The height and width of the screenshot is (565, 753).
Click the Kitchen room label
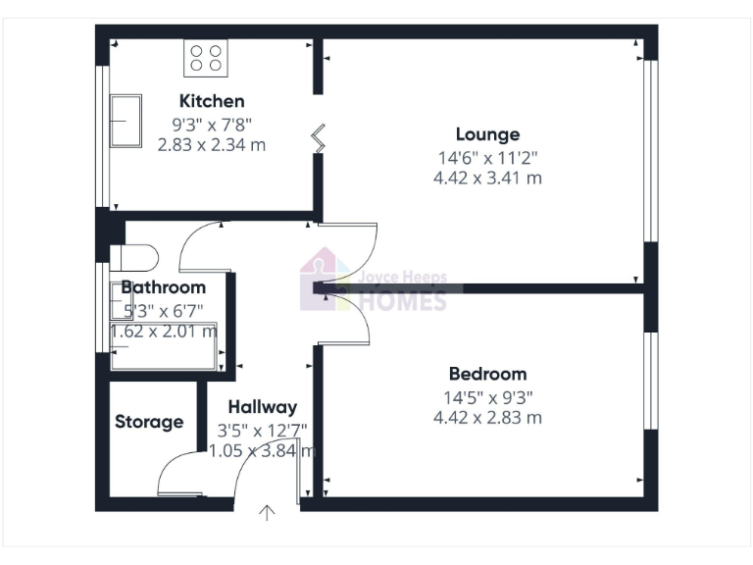tap(212, 101)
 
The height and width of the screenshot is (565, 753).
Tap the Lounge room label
tap(487, 134)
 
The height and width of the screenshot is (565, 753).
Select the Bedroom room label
tap(487, 374)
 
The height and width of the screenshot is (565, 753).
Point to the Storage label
tap(149, 422)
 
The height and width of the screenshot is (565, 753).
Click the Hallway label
tap(262, 407)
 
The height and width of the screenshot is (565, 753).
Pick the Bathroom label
tap(164, 287)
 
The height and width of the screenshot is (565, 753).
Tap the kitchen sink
tap(125, 120)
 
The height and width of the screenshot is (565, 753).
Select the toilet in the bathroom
tap(134, 258)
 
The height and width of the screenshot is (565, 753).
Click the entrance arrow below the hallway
tap(267, 511)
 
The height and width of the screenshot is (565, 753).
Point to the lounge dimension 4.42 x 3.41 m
tap(487, 179)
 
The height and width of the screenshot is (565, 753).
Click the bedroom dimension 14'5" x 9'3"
tap(487, 398)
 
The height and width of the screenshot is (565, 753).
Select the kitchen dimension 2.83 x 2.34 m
tap(212, 145)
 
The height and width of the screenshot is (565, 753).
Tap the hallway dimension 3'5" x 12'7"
tap(263, 430)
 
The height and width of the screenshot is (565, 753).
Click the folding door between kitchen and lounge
tap(318, 137)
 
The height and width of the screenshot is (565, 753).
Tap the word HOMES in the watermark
tap(404, 300)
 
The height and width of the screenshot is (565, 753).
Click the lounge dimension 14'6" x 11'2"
tap(487, 157)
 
